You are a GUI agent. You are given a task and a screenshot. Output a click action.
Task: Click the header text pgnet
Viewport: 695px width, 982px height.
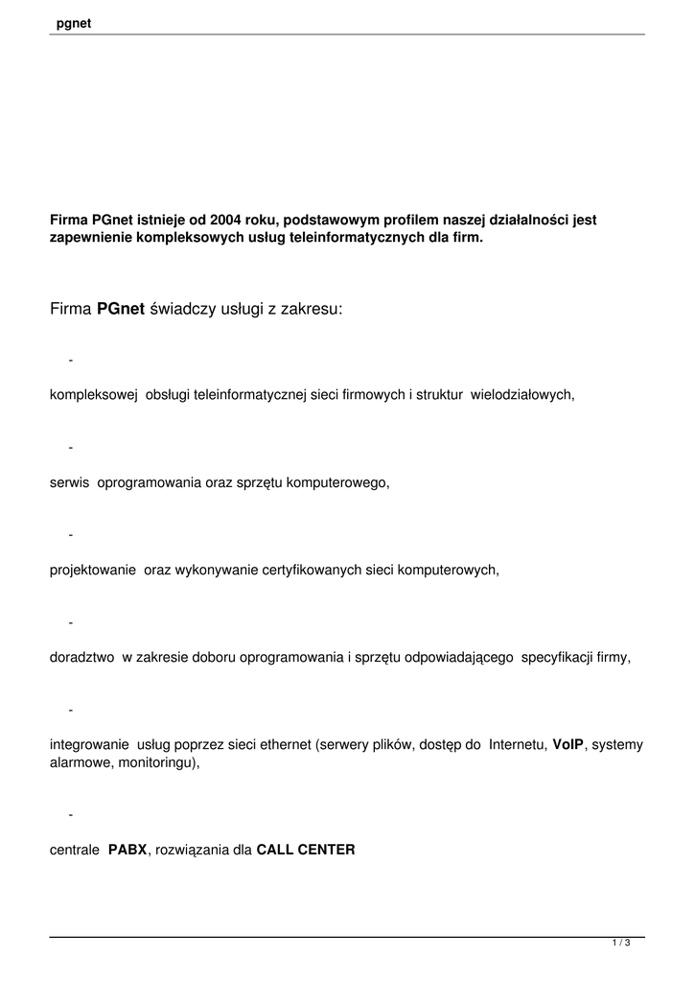74,23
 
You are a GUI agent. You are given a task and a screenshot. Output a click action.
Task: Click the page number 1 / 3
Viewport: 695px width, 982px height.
620,945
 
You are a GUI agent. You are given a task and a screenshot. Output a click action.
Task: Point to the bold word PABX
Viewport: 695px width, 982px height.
127,849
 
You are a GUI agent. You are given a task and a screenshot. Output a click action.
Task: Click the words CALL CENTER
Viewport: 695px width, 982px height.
306,849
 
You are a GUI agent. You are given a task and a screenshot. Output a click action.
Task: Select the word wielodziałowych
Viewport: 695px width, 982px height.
522,394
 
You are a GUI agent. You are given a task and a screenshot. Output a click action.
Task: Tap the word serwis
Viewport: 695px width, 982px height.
68,482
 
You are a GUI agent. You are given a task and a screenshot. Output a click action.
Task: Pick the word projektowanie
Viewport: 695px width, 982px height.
94,570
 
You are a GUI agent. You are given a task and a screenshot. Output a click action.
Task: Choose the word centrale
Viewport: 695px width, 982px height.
75,849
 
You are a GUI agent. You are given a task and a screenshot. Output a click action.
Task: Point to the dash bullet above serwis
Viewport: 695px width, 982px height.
71,447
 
